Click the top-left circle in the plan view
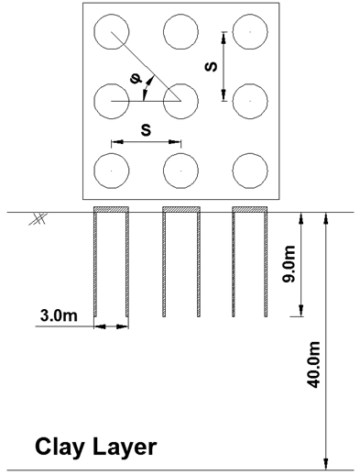point(111,32)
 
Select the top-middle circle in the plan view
point(180,32)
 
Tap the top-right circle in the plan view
point(249,32)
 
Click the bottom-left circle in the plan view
point(111,170)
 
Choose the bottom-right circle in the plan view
point(249,170)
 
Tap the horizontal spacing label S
point(146,130)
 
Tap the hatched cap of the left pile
point(111,210)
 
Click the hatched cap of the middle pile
point(180,210)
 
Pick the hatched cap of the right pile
point(249,210)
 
